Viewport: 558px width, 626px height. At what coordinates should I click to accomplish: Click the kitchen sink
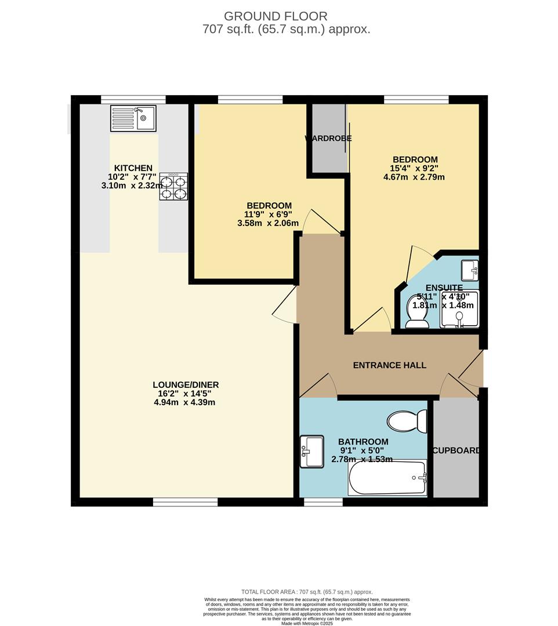133,118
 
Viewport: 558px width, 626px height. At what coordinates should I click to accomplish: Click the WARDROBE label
328,139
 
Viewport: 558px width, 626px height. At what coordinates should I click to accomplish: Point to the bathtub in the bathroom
387,478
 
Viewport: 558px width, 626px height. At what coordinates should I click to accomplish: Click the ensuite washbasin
470,270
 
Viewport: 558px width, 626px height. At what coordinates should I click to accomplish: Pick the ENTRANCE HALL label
390,365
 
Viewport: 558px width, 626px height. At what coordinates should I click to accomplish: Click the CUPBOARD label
456,450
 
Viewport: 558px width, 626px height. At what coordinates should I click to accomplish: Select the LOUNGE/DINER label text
186,385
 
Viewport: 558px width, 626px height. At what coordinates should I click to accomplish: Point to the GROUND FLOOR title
276,16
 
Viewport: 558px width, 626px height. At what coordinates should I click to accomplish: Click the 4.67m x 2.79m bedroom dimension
414,177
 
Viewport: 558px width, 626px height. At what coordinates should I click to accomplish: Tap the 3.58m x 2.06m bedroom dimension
269,223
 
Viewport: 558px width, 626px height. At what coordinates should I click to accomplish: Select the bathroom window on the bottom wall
323,502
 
